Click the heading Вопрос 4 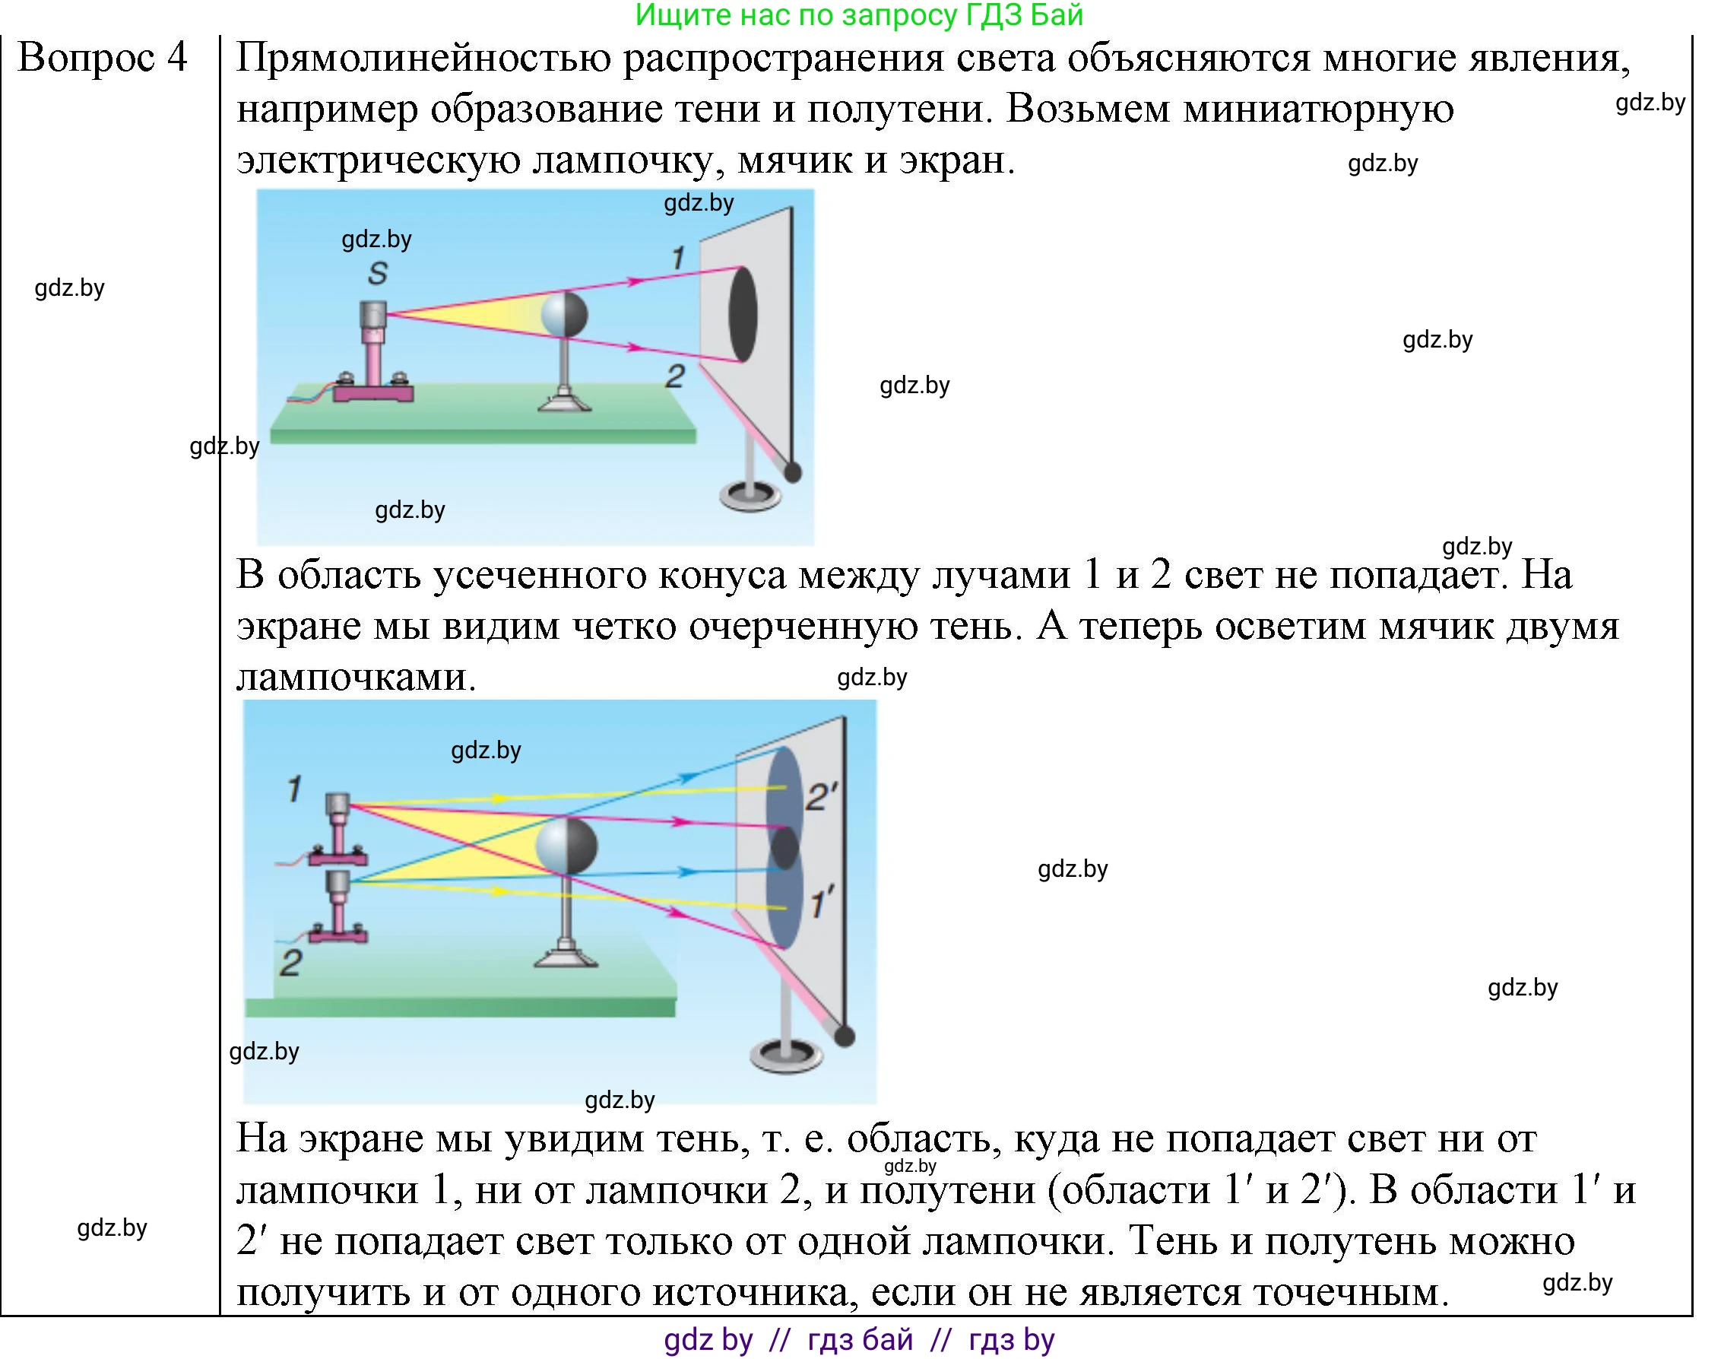pyautogui.click(x=103, y=57)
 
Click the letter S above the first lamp pyautogui.click(x=378, y=274)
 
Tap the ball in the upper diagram pyautogui.click(x=564, y=315)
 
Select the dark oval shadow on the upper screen pyautogui.click(x=743, y=314)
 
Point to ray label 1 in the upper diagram pyautogui.click(x=677, y=258)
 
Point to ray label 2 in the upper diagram pyautogui.click(x=675, y=376)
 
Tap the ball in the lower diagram pyautogui.click(x=566, y=845)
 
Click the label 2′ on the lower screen pyautogui.click(x=822, y=797)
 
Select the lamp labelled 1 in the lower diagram pyautogui.click(x=338, y=829)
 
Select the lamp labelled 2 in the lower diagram pyautogui.click(x=338, y=907)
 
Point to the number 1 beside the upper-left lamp pyautogui.click(x=294, y=789)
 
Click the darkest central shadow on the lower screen pyautogui.click(x=784, y=848)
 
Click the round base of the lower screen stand pyautogui.click(x=787, y=1056)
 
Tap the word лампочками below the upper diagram pyautogui.click(x=357, y=677)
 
